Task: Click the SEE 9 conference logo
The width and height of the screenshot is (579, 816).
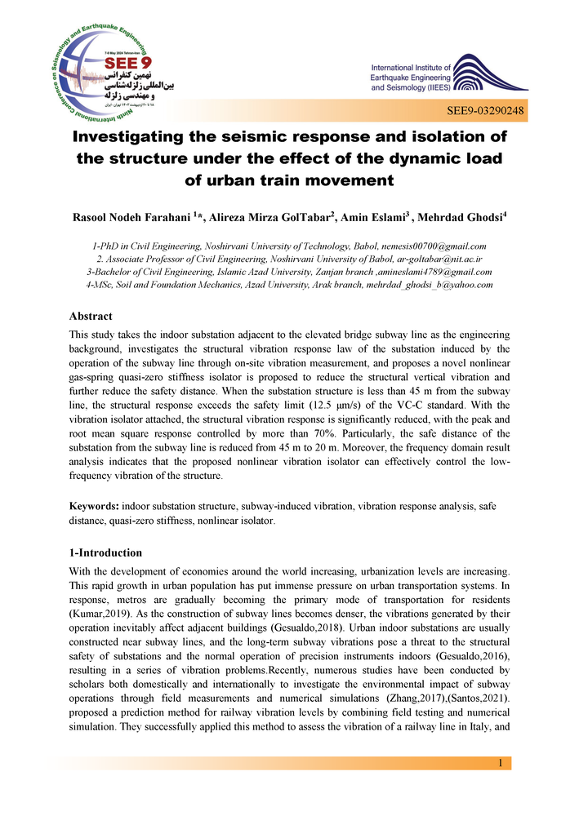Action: (x=101, y=67)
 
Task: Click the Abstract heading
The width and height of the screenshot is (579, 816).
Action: (x=91, y=316)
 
